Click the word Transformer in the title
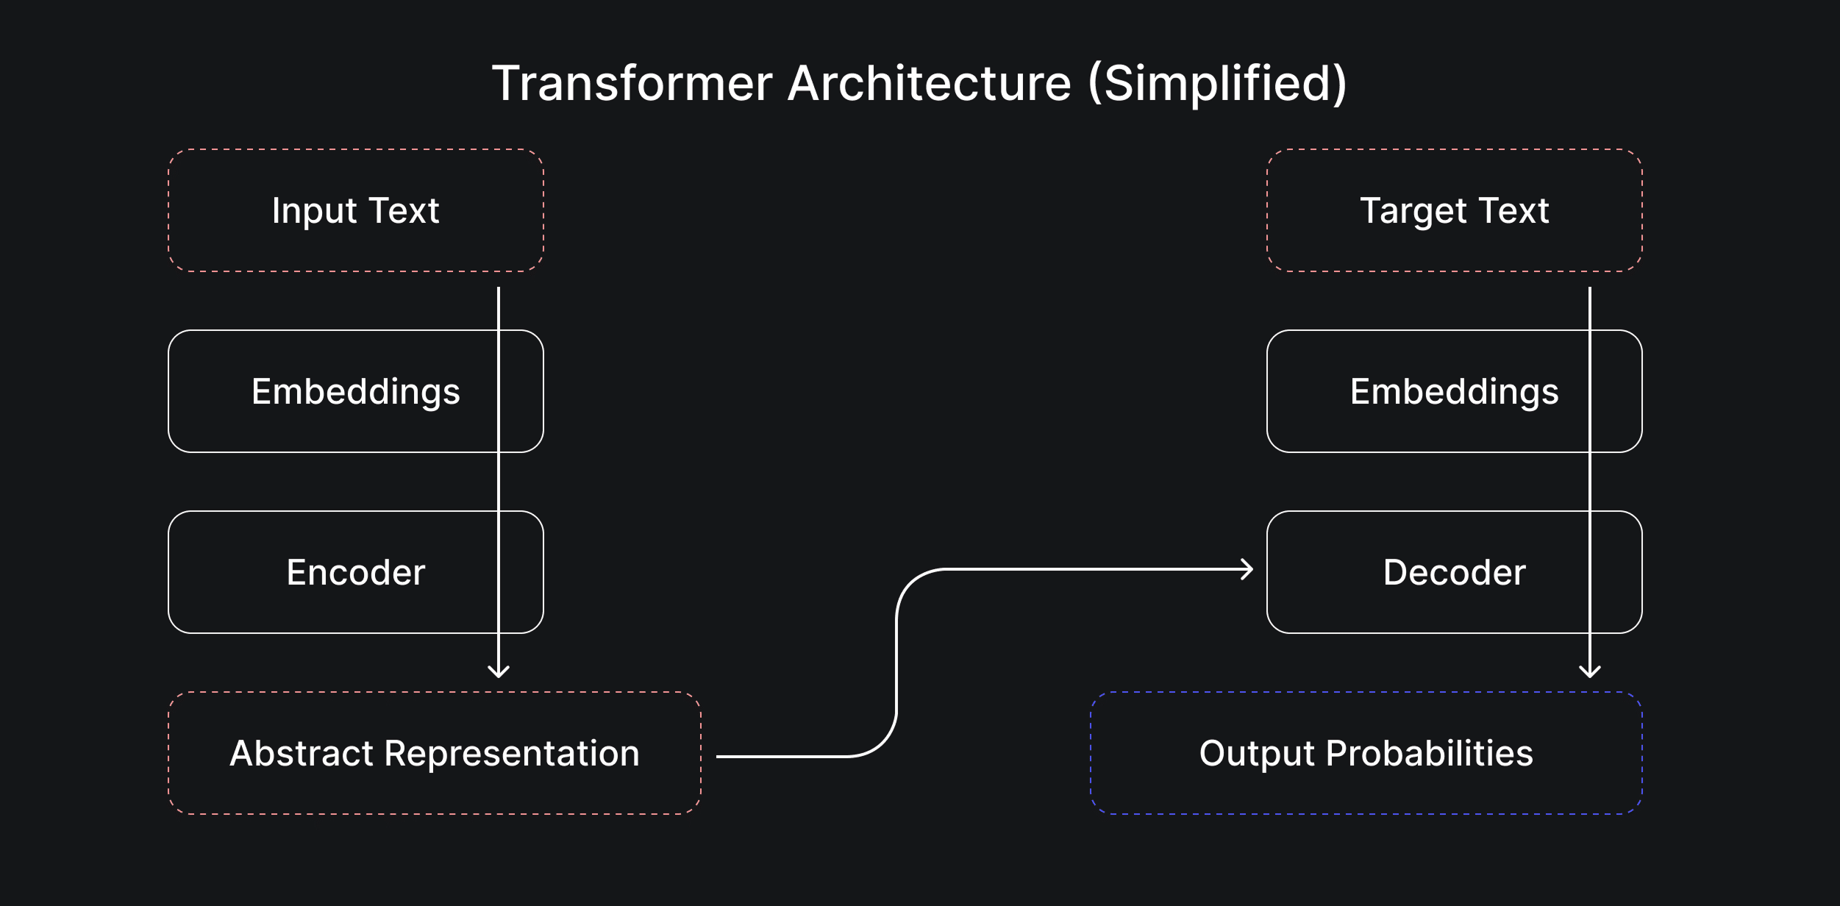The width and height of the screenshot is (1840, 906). [632, 82]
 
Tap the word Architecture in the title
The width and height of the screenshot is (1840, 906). [930, 82]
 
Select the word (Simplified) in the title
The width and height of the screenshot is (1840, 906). [1217, 84]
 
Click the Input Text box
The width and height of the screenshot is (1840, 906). [356, 210]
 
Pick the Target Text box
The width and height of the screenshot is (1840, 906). [1455, 210]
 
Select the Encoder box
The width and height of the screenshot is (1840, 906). [356, 572]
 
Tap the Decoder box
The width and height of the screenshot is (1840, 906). [1455, 572]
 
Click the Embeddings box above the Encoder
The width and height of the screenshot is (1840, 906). [356, 391]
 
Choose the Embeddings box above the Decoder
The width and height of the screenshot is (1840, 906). [1455, 391]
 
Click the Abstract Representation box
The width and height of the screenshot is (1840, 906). [435, 753]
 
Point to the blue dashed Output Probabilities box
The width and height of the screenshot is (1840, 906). [1366, 753]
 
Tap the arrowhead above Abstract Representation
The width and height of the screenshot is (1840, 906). [499, 672]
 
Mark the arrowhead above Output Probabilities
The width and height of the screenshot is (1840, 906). [1590, 672]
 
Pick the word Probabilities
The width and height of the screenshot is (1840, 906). [1430, 753]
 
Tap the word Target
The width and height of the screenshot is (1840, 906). [1413, 212]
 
